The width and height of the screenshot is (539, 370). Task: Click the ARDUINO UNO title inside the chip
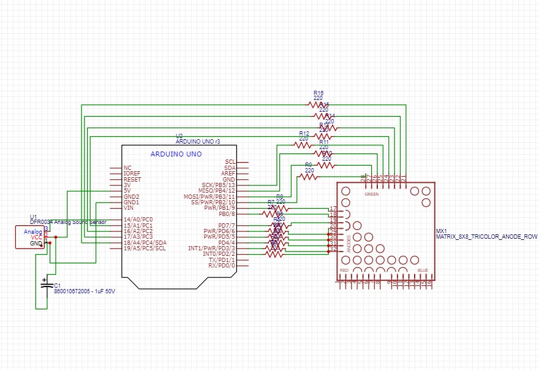176,153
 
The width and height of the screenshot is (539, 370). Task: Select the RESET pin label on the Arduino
132,179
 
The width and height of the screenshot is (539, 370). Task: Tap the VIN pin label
129,208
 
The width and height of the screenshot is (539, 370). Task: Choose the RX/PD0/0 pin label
222,266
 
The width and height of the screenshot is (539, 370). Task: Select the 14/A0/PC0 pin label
138,219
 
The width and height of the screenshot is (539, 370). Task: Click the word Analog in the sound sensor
32,231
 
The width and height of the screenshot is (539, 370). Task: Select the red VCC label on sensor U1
36,237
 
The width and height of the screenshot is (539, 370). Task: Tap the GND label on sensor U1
36,243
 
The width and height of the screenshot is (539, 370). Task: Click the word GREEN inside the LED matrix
371,194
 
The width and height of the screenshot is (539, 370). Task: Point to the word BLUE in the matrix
422,270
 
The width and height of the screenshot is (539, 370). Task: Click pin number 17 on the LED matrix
333,209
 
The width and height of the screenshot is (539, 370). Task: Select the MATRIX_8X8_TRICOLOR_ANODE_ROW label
486,236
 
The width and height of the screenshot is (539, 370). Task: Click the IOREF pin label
132,174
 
